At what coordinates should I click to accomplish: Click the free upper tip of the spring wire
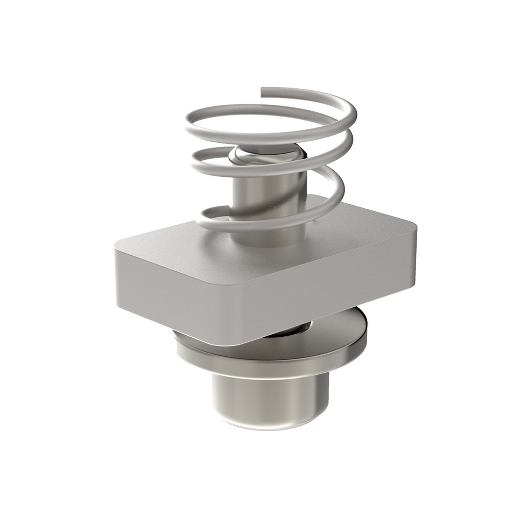click(263, 91)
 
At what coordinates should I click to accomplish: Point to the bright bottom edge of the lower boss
click(268, 425)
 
